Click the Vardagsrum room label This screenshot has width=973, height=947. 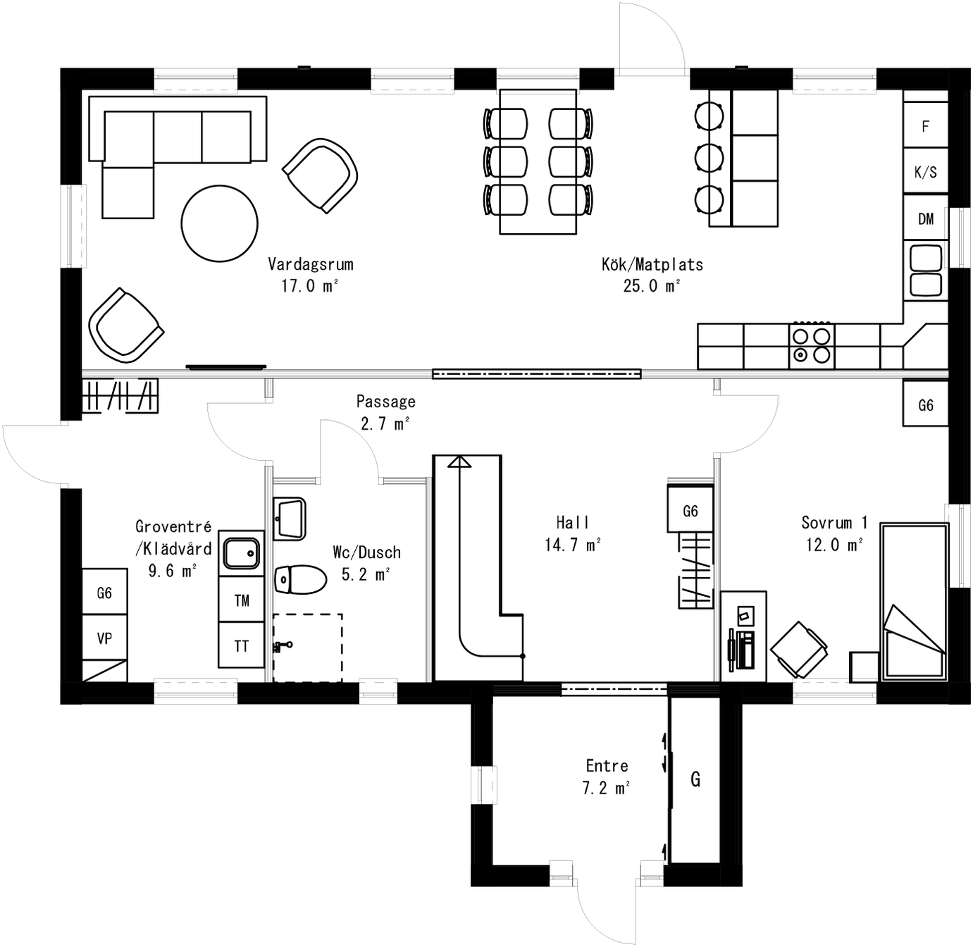pyautogui.click(x=310, y=265)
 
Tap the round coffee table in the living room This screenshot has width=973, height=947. pyautogui.click(x=219, y=223)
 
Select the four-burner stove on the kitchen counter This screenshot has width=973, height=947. pyautogui.click(x=811, y=346)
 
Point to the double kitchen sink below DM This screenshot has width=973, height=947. pyautogui.click(x=926, y=271)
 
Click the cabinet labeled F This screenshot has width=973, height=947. pyautogui.click(x=925, y=126)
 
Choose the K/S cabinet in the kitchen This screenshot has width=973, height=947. pyautogui.click(x=925, y=172)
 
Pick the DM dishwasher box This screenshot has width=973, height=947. pyautogui.click(x=925, y=219)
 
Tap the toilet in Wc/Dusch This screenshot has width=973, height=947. pyautogui.click(x=300, y=579)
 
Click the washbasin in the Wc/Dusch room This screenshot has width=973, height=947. pyautogui.click(x=289, y=519)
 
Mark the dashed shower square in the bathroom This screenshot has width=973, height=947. pyautogui.click(x=308, y=648)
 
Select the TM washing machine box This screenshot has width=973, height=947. pyautogui.click(x=241, y=600)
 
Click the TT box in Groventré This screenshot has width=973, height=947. pyautogui.click(x=241, y=645)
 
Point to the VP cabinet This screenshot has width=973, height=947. pyautogui.click(x=104, y=638)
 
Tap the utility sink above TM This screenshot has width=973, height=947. pyautogui.click(x=241, y=553)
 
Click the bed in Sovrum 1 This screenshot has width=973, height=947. pyautogui.click(x=915, y=602)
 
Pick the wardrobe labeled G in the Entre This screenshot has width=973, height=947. pyautogui.click(x=695, y=779)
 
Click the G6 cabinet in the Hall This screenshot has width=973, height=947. pyautogui.click(x=690, y=511)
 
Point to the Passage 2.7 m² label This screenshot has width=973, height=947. pyautogui.click(x=385, y=412)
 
